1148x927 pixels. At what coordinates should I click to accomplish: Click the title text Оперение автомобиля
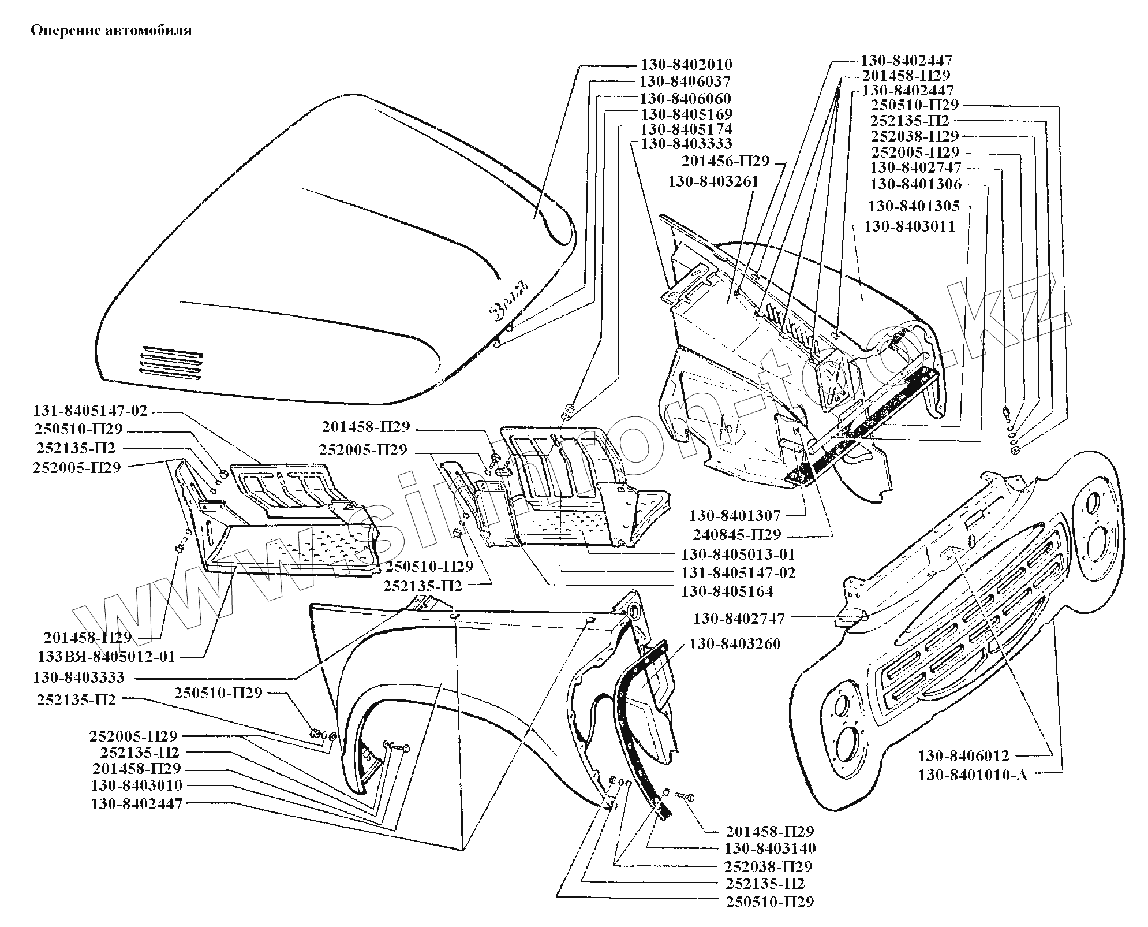point(111,31)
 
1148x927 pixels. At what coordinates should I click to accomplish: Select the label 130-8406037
point(685,81)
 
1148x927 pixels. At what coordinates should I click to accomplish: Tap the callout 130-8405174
point(686,129)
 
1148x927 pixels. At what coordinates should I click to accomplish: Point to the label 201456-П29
point(726,161)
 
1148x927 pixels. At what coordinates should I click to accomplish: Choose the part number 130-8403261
point(713,181)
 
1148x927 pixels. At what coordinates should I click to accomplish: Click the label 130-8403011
point(910,226)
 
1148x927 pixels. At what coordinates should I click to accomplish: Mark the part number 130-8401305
point(914,206)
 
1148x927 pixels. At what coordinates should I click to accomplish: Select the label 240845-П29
point(736,534)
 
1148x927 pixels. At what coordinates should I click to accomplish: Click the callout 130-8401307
point(735,515)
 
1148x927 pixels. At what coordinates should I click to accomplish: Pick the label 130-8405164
point(727,591)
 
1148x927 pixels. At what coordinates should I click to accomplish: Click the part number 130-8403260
point(735,644)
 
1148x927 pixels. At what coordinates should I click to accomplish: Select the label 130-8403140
point(770,848)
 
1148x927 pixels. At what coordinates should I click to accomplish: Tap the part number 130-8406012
point(963,755)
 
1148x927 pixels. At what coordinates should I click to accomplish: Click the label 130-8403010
point(136,785)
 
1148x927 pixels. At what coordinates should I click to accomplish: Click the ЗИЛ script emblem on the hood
point(508,300)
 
